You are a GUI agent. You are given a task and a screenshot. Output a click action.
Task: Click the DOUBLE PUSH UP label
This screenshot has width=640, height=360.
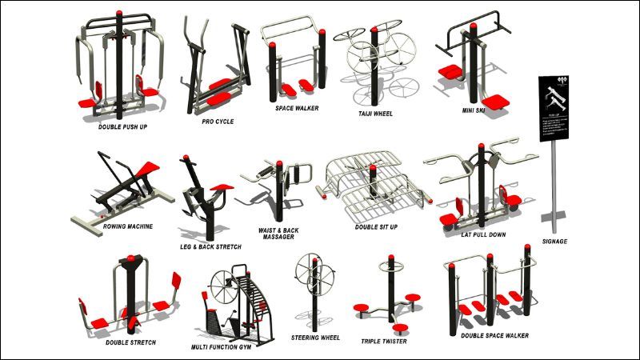pos(122,126)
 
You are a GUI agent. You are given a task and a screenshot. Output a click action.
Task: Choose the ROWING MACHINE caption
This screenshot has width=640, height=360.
pos(127,226)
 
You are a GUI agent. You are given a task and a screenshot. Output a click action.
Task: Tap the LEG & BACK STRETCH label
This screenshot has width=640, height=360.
pos(210,247)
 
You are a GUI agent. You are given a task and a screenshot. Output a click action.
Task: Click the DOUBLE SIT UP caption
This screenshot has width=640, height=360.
pos(375,226)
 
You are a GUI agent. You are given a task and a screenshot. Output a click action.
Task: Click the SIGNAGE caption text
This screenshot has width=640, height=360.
pos(554,241)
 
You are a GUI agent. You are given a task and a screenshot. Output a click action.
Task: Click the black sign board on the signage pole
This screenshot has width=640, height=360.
pos(554,103)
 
